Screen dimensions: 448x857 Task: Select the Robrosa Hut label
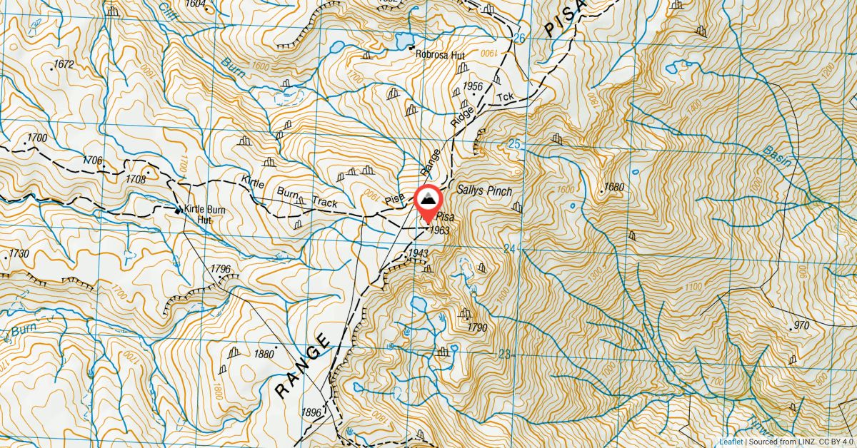coord(441,53)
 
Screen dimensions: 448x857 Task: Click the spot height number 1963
coord(439,230)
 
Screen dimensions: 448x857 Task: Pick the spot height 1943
coord(418,254)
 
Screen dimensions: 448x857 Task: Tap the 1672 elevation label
coord(64,65)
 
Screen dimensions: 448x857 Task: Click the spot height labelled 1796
coord(221,269)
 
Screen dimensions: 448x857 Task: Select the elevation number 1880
coord(264,354)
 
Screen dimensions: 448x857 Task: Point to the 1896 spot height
coord(311,412)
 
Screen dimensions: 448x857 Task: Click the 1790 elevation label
coord(477,327)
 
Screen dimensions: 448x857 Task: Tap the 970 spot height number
coord(801,326)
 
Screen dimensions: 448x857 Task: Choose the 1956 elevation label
coord(473,86)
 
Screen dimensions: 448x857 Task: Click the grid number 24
coord(528,249)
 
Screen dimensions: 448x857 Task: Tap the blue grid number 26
coord(519,38)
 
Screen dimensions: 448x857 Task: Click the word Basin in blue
coord(778,156)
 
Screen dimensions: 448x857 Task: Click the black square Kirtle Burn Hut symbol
coord(178,210)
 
